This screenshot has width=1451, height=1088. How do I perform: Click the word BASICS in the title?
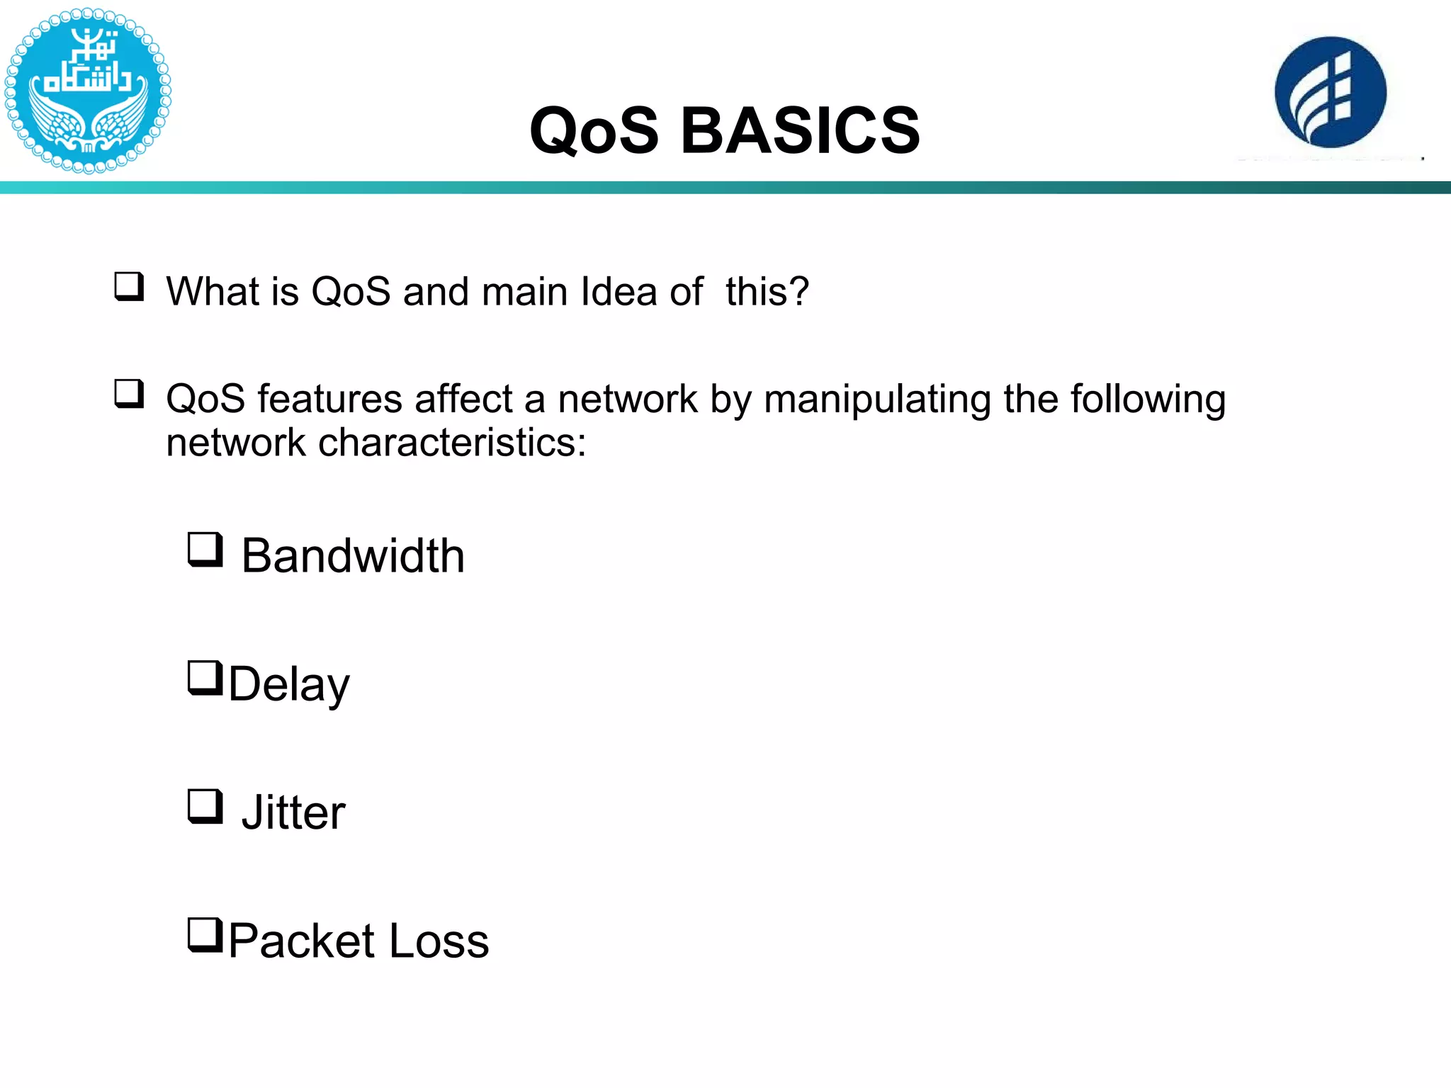coord(800,130)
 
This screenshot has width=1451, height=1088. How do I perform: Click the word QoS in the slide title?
coord(594,130)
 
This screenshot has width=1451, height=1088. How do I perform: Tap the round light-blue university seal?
coord(88,91)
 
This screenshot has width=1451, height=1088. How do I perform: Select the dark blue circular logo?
coord(1331,92)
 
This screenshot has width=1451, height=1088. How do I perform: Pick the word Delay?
coord(289,684)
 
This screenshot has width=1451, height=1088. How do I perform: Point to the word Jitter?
coord(293,812)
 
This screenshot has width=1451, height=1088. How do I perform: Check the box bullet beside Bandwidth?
coord(205,550)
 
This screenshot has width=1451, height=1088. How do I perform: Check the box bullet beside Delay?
coord(205,678)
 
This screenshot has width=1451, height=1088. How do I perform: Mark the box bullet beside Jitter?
coord(205,806)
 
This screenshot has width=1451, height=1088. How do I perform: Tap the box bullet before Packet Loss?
coord(205,935)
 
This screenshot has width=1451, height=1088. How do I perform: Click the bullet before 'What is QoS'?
coord(129,286)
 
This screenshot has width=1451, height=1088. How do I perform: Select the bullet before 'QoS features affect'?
coord(129,394)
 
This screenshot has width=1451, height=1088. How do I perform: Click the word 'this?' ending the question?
coord(767,291)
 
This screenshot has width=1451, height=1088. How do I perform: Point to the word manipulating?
coord(877,399)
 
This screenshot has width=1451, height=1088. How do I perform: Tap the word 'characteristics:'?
coord(452,443)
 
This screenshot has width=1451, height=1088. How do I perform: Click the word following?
coord(1148,399)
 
